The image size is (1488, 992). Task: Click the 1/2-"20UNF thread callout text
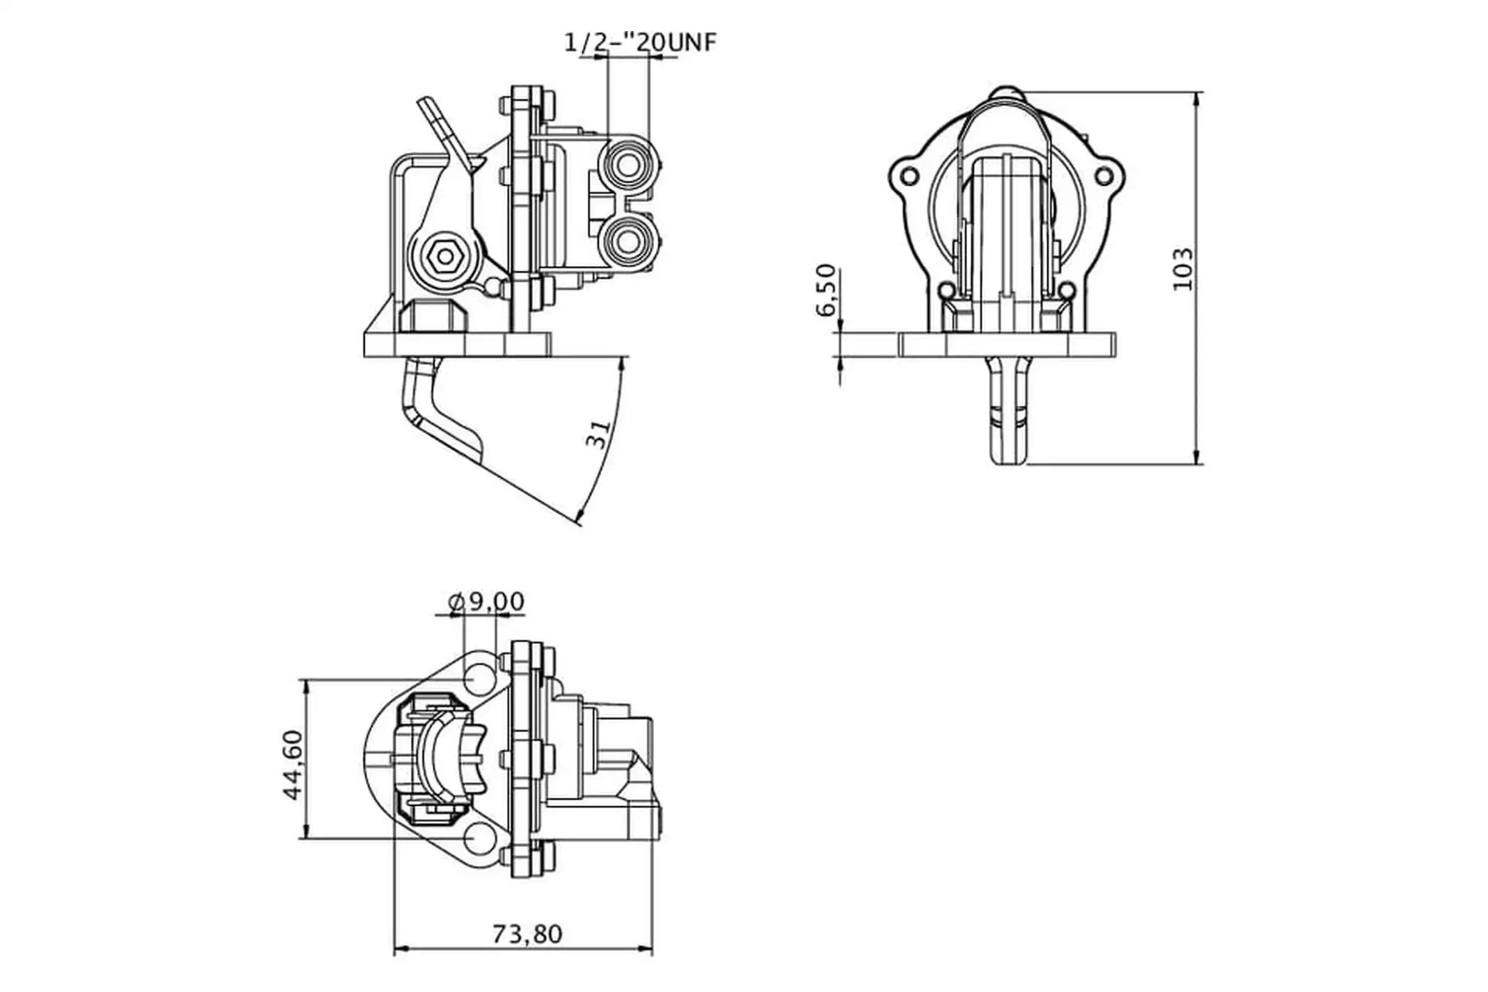pos(640,42)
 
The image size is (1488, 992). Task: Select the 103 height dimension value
pos(1183,269)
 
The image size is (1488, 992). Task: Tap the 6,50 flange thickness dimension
pos(827,290)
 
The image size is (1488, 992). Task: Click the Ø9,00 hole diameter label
pos(487,601)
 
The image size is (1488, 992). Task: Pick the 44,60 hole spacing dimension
pos(293,765)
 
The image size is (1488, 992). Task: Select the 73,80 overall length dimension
pos(527,934)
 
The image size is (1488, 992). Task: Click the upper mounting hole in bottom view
pos(480,679)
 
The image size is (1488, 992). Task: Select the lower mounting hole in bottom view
pos(480,839)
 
